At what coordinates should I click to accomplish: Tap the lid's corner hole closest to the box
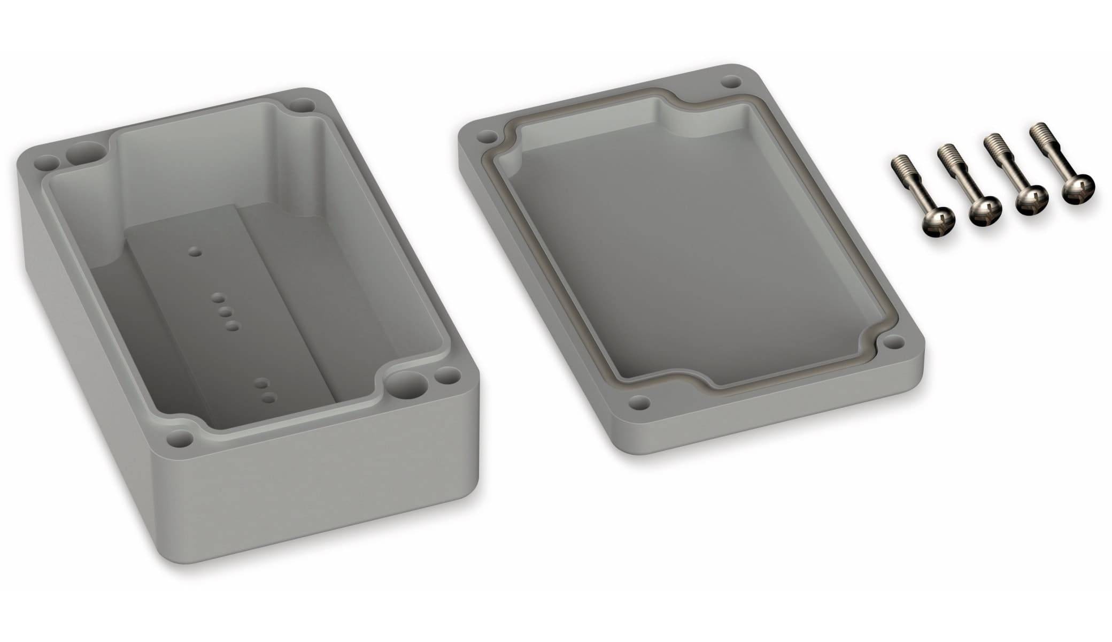(x=486, y=137)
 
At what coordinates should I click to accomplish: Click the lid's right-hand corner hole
(x=892, y=340)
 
